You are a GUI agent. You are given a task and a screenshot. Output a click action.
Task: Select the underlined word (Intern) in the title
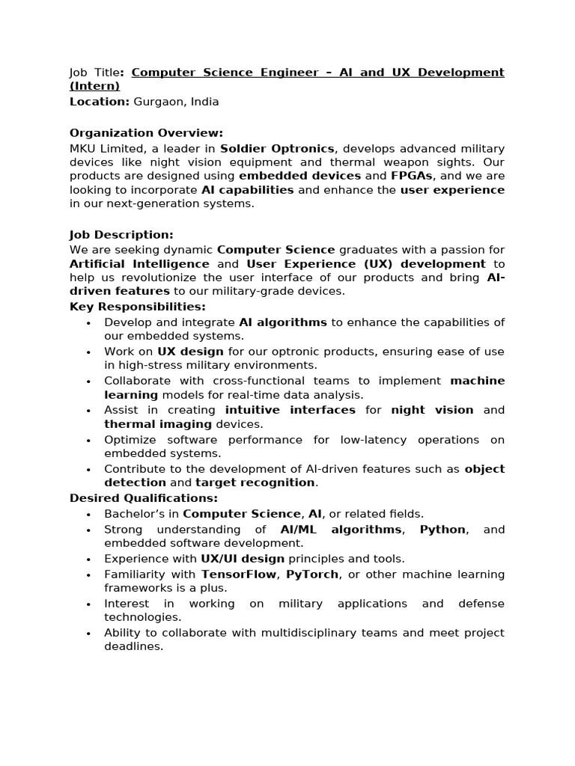[x=94, y=87]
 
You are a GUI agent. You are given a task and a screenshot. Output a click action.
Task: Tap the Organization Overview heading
[x=146, y=133]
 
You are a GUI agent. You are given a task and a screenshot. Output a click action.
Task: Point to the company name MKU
[x=84, y=148]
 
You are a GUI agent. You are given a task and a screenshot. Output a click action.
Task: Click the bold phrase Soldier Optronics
[x=277, y=148]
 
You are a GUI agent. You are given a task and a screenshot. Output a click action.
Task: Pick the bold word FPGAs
[x=412, y=176]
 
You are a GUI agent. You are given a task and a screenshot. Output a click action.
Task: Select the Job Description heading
[x=121, y=235]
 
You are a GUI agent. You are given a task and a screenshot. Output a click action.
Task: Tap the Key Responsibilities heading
[x=137, y=307]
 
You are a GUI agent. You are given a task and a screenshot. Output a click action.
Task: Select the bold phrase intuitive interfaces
[x=290, y=410]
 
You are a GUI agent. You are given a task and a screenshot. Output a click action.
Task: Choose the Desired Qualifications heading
[x=144, y=498]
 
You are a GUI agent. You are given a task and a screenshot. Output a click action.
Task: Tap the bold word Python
[x=442, y=530]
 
